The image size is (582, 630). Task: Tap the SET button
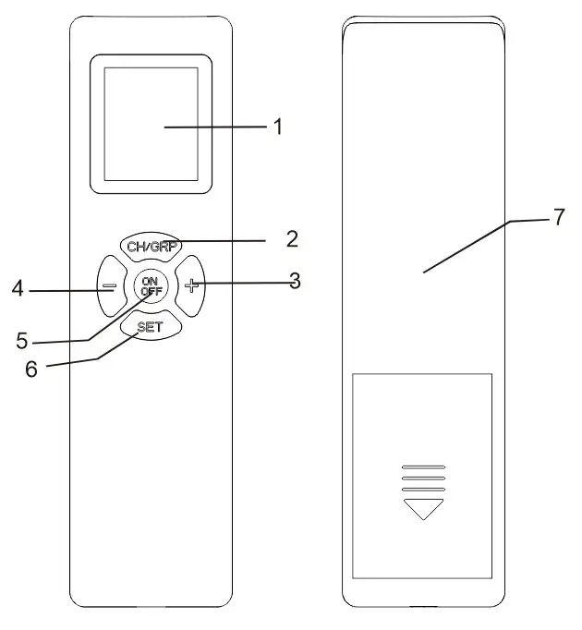pyautogui.click(x=152, y=326)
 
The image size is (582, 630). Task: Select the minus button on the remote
pyautogui.click(x=108, y=285)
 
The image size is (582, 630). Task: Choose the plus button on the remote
pyautogui.click(x=192, y=285)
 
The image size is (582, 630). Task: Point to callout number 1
pyautogui.click(x=276, y=127)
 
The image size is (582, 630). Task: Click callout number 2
pyautogui.click(x=292, y=239)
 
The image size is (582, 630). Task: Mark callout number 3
pyautogui.click(x=294, y=282)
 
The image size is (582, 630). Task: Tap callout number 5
pyautogui.click(x=22, y=340)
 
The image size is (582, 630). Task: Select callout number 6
pyautogui.click(x=31, y=368)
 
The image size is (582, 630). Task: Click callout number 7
pyautogui.click(x=558, y=218)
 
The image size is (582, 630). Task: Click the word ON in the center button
pyautogui.click(x=151, y=280)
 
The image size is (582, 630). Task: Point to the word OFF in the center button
pyautogui.click(x=151, y=291)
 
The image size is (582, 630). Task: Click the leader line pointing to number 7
pyautogui.click(x=467, y=247)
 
